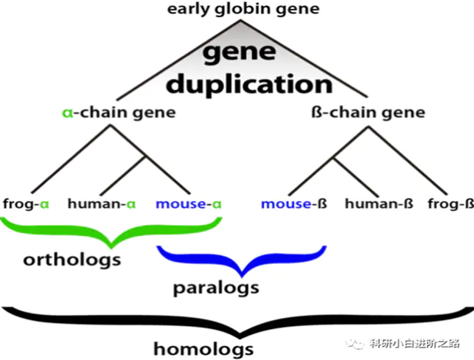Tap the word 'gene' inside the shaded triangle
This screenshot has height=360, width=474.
click(237, 52)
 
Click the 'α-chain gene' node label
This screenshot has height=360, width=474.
click(118, 113)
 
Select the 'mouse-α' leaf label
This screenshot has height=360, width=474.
click(189, 203)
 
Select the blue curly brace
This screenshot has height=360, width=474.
click(242, 260)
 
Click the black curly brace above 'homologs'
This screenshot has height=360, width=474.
click(236, 318)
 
